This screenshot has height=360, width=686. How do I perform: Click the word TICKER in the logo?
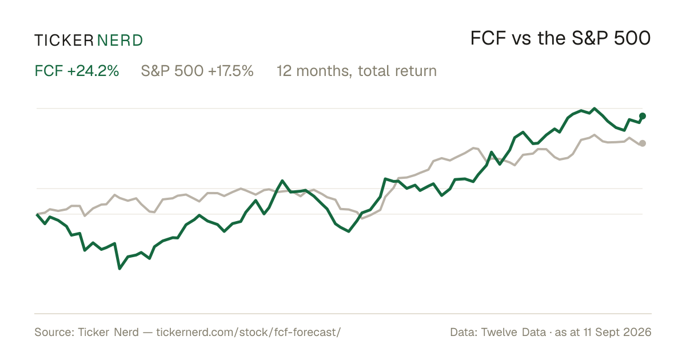point(63,41)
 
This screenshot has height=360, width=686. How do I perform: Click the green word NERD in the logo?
point(119,41)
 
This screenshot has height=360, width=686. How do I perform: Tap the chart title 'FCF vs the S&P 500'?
point(560,38)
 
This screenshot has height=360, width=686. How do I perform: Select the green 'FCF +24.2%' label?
point(77,71)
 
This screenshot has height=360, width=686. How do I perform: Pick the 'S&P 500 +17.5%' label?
point(197,71)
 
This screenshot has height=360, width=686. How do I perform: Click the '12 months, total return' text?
point(357,71)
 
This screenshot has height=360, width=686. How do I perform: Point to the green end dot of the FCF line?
point(643,116)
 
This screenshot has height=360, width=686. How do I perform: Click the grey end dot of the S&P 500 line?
point(643,143)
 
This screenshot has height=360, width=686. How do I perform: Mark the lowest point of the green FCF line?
point(119,269)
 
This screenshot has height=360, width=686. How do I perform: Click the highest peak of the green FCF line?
point(595,109)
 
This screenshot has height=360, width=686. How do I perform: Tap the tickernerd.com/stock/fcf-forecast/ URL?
point(248,332)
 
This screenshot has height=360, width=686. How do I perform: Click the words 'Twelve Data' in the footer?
point(513,332)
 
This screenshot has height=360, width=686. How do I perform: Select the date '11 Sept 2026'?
point(617,332)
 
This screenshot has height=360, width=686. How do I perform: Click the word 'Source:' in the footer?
point(54,332)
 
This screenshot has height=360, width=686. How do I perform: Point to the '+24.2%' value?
point(93,71)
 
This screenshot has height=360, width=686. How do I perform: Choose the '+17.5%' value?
point(231,71)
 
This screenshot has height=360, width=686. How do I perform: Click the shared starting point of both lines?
point(37,214)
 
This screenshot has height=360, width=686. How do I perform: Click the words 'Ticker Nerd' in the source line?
point(108,332)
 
